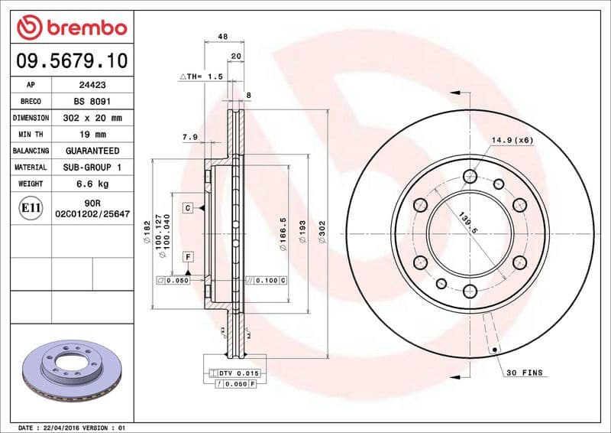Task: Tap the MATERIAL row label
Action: pyautogui.click(x=31, y=167)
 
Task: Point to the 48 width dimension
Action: pyautogui.click(x=223, y=36)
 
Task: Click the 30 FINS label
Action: pyautogui.click(x=524, y=373)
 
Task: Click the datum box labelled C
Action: pyautogui.click(x=186, y=208)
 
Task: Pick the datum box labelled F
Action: pyautogui.click(x=186, y=256)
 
